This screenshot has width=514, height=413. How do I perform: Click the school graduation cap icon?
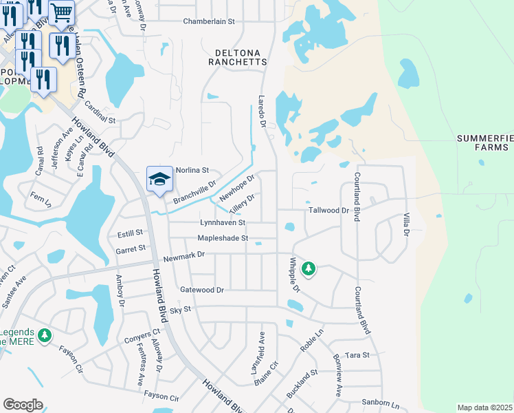(x=159, y=179)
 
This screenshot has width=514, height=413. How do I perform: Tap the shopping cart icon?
(x=62, y=12)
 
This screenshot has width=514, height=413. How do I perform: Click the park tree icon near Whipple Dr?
(x=309, y=268)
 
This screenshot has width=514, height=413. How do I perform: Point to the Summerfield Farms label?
(x=485, y=142)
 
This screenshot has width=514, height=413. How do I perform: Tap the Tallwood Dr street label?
(x=329, y=211)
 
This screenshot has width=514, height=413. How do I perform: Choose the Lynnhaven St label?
(x=223, y=223)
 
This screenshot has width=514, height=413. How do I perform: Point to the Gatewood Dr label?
(x=202, y=290)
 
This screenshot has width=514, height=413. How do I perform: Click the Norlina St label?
(x=192, y=170)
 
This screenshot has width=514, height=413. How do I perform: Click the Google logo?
(x=23, y=405)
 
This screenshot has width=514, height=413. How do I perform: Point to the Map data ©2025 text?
(x=484, y=407)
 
